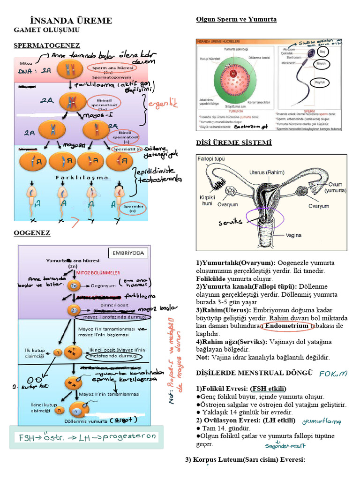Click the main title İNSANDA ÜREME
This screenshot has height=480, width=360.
pyautogui.click(x=71, y=21)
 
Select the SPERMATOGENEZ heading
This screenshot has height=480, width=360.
pyautogui.click(x=47, y=45)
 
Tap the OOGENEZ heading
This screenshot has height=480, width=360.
pyautogui.click(x=32, y=233)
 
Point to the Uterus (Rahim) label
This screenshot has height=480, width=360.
pyautogui.click(x=267, y=172)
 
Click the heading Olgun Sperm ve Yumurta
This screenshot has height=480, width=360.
pyautogui.click(x=236, y=19)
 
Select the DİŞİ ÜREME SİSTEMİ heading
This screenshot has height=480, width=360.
pyautogui.click(x=233, y=142)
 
